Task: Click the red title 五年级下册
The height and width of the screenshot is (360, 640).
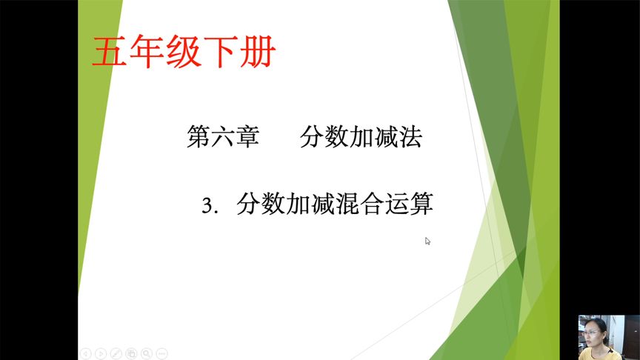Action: tap(184, 53)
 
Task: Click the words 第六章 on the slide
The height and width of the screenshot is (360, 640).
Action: tap(223, 137)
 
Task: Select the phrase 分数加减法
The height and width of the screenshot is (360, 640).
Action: tap(361, 137)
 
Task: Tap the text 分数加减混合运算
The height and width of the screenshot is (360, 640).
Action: tap(335, 204)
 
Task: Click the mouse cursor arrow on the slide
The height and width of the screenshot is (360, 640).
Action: tap(427, 241)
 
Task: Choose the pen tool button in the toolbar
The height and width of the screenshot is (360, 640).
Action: tap(116, 353)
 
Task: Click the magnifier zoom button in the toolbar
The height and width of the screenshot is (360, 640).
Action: tap(147, 353)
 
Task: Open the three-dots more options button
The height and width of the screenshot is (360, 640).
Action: tap(162, 353)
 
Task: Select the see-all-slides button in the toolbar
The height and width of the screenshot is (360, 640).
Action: tap(131, 353)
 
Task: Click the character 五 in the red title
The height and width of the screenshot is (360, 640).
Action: tap(107, 53)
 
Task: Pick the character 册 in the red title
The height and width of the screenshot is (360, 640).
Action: tap(260, 53)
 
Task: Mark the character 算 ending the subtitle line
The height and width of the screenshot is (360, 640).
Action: tap(421, 204)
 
